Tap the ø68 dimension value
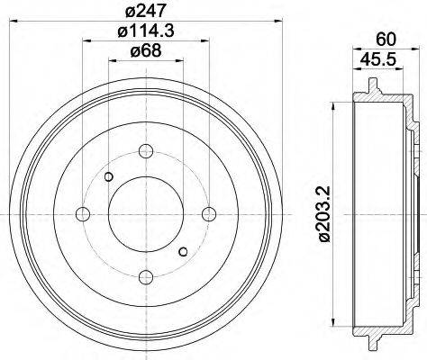pos(145,50)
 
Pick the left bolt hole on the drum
pos(83,212)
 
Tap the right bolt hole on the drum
pos(209,212)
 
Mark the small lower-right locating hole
pos(183,249)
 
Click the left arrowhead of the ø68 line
pos(113,61)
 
